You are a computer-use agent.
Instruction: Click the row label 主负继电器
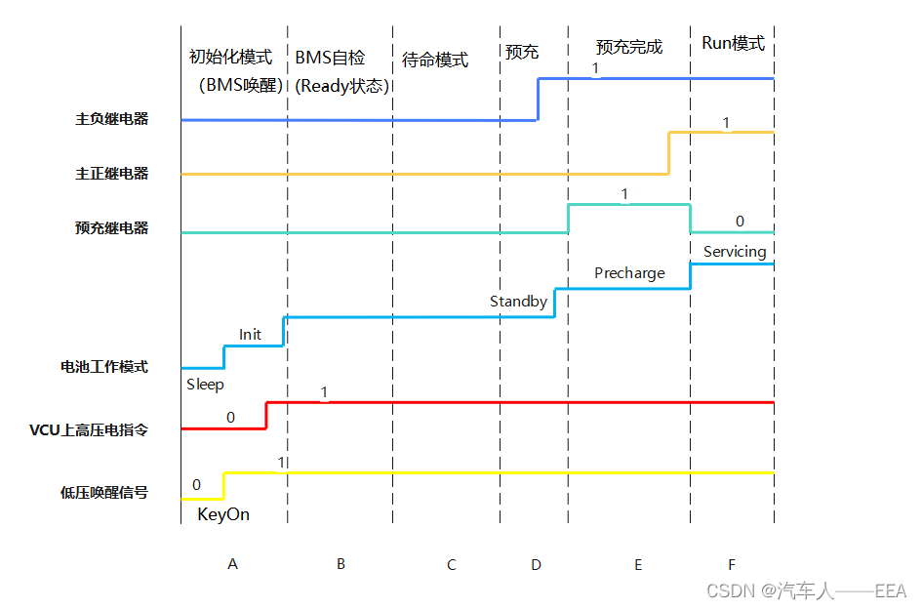tap(112, 119)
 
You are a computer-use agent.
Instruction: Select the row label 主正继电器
tap(112, 174)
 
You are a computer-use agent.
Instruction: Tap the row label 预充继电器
tap(112, 228)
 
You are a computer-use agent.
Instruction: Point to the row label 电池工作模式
tap(104, 367)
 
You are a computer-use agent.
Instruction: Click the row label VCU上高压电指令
tap(89, 429)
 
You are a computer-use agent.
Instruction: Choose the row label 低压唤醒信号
tap(104, 493)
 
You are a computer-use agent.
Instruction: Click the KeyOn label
tap(223, 514)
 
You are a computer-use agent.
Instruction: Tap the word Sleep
tap(205, 385)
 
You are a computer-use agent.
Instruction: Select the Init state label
tap(250, 334)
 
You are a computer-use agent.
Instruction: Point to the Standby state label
tap(518, 302)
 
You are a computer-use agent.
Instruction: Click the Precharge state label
tap(629, 273)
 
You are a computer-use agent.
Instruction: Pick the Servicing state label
tap(735, 252)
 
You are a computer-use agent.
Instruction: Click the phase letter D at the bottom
tap(536, 564)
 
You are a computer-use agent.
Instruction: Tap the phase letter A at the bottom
tap(232, 564)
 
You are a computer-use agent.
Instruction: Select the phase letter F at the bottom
tap(731, 564)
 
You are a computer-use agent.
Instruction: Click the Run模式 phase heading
tap(733, 44)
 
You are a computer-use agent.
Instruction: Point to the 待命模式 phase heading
tap(435, 61)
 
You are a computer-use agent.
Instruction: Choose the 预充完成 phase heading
tap(629, 47)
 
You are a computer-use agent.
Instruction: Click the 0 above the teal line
tap(740, 222)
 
